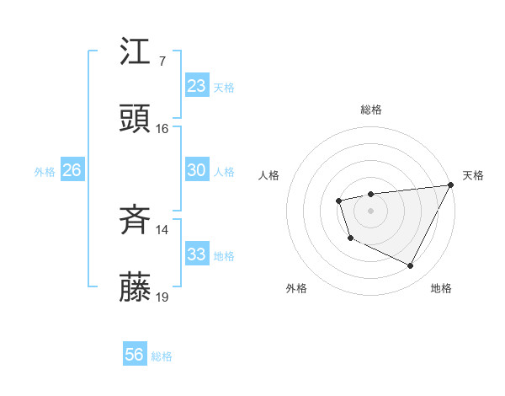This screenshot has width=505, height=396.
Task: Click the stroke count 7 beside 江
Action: pos(162,61)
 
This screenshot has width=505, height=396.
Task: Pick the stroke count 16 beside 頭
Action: pos(162,129)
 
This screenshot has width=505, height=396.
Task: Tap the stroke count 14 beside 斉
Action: pos(162,230)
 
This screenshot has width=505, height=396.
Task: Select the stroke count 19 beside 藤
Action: pos(162,297)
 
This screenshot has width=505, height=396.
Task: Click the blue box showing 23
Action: pos(196,86)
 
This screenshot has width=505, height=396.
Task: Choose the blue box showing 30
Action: pos(196,170)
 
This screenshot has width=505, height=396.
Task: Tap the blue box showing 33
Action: pos(196,254)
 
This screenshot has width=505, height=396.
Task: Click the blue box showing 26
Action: pos(72,170)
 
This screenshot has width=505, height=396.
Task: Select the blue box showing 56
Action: pos(134,356)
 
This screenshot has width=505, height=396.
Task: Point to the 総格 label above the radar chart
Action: pos(371,110)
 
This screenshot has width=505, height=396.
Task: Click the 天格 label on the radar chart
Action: pos(473,175)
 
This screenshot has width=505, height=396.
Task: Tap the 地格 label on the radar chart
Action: pos(441,288)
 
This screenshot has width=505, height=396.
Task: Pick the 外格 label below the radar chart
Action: pos(296,288)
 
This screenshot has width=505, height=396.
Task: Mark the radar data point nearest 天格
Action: pos(452,185)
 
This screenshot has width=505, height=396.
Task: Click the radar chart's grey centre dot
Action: pos(370,210)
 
